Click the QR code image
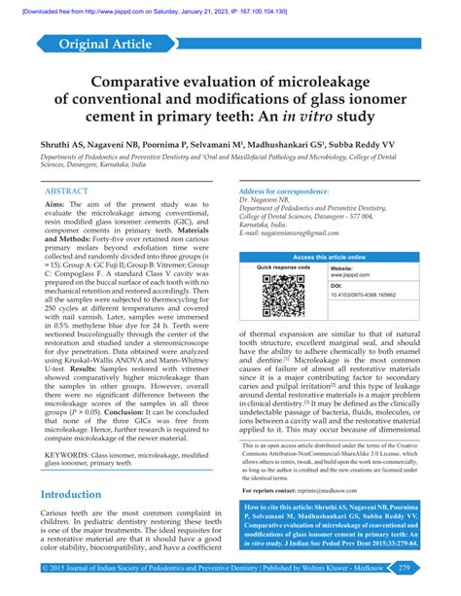283,297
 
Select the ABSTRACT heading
74,192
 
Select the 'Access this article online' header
329,257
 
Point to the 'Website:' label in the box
341,268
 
